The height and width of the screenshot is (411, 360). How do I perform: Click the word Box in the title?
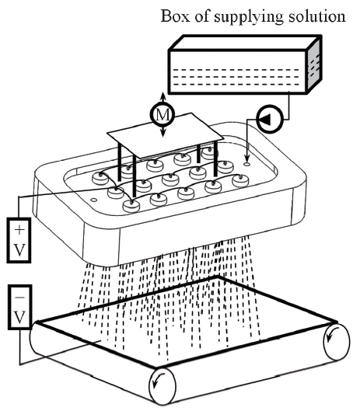point(174,16)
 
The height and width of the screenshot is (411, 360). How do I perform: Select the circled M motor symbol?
point(163,114)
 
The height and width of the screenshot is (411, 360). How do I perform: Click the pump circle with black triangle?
point(270,119)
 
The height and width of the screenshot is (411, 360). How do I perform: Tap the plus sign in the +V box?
point(19,230)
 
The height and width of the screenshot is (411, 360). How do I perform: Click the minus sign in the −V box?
point(20,298)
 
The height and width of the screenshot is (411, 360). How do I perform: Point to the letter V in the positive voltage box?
point(19,250)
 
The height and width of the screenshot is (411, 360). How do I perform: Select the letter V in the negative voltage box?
point(20,317)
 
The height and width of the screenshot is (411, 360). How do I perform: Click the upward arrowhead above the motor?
point(163,96)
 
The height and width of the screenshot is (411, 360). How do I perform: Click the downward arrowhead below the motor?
point(163,133)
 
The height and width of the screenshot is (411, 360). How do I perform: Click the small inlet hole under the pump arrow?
point(246,164)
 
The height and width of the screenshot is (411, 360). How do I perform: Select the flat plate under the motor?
point(166,136)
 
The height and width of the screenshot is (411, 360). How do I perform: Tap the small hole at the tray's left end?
point(93,200)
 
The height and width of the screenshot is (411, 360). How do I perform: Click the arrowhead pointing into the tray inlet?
point(246,158)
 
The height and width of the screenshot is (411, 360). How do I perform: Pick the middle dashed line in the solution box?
point(236,77)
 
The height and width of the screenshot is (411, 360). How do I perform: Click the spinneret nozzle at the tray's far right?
point(239,180)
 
